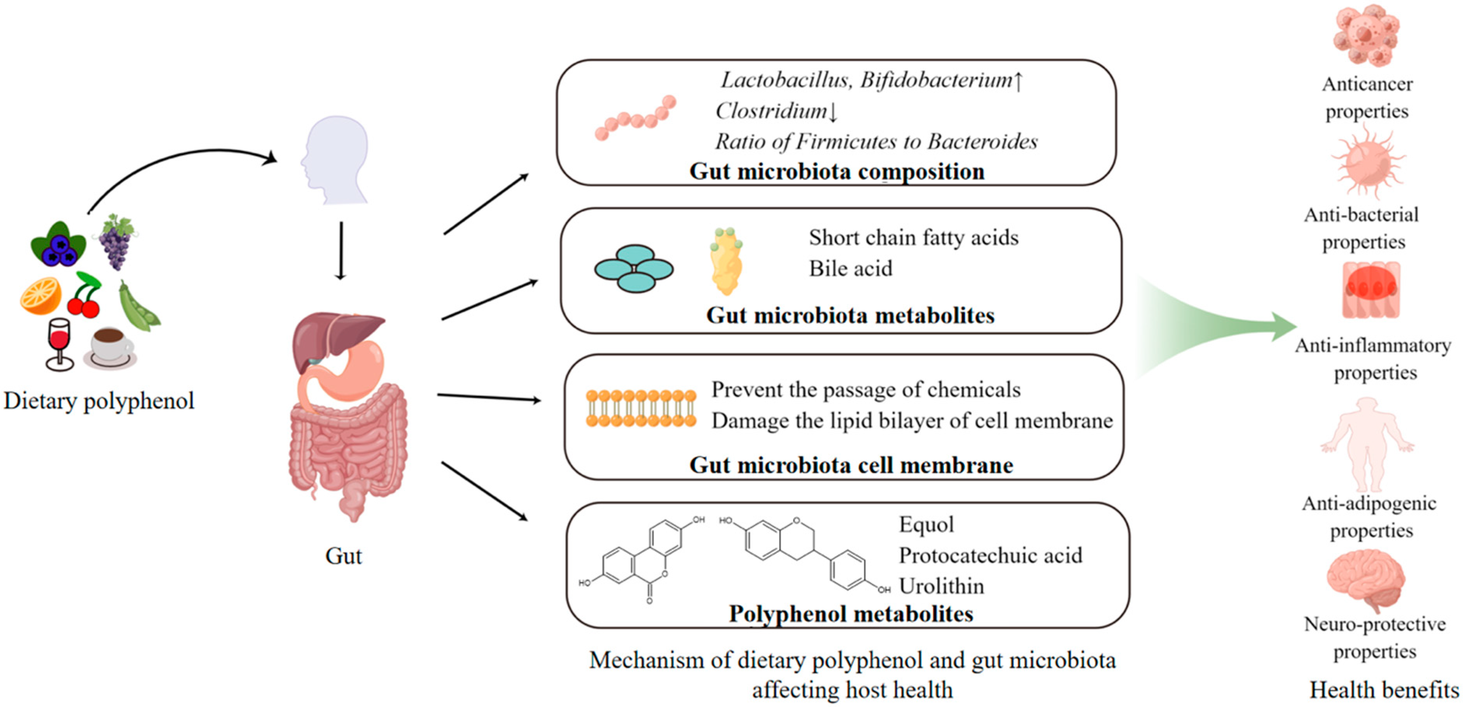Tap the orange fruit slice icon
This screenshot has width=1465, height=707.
41,295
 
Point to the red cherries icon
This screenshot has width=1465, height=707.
84,295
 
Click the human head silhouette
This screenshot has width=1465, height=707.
336,159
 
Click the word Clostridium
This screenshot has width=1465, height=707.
771,111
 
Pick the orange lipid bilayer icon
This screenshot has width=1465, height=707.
641,408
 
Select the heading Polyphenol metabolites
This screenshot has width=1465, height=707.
851,614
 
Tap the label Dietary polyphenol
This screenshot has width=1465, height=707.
99,401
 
